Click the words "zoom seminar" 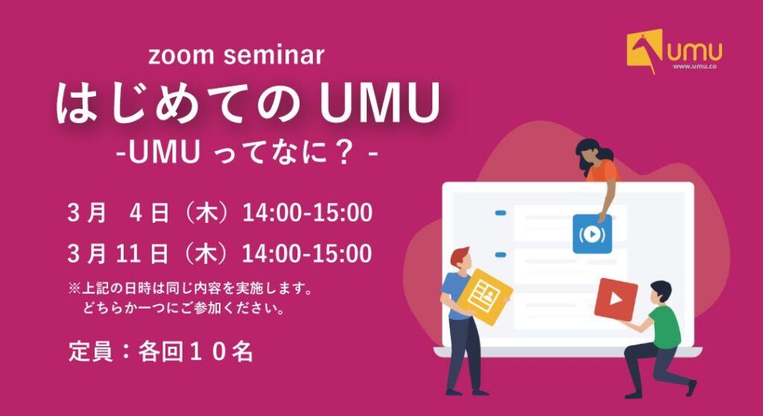click(x=236, y=55)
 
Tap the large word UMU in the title click(x=379, y=103)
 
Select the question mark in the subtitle click(x=344, y=153)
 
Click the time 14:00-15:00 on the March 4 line click(x=307, y=213)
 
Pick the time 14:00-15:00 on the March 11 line click(x=307, y=253)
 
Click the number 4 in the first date click(x=136, y=213)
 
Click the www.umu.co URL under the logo click(x=695, y=67)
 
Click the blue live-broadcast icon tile click(x=592, y=234)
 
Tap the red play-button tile click(x=616, y=299)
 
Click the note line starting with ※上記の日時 click(x=190, y=289)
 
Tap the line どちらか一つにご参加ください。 click(x=184, y=309)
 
